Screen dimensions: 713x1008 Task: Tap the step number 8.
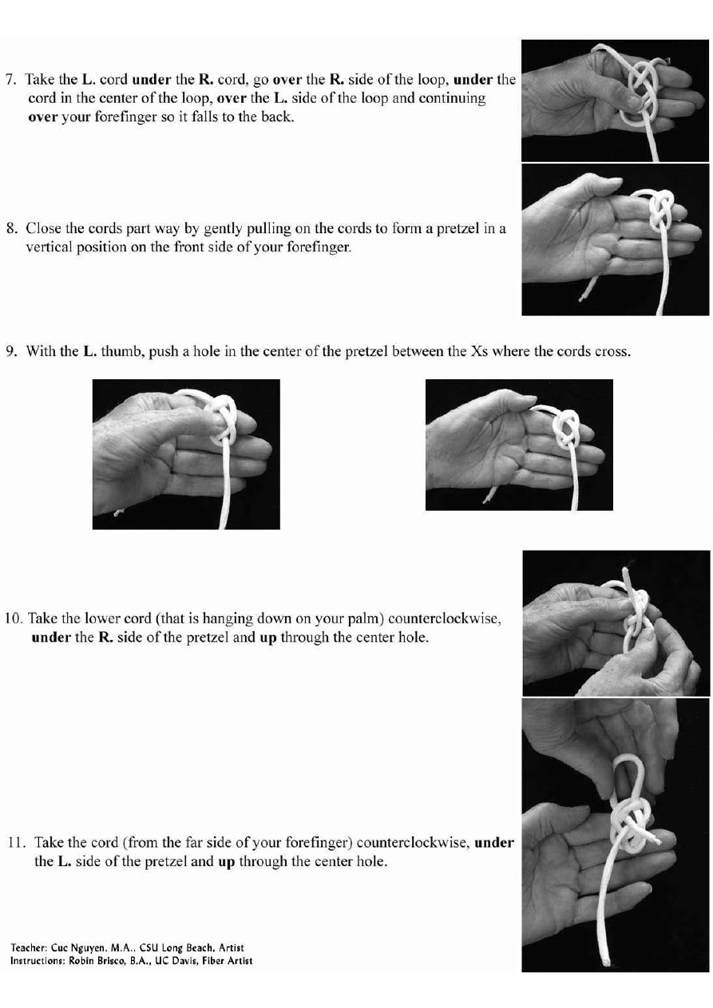12,228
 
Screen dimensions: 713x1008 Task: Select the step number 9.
12,351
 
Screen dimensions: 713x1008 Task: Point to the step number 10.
14,618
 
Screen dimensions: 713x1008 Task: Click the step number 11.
18,842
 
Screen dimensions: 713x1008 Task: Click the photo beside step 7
615,101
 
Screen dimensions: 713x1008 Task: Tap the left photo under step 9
186,454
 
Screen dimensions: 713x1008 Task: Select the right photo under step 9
519,445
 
